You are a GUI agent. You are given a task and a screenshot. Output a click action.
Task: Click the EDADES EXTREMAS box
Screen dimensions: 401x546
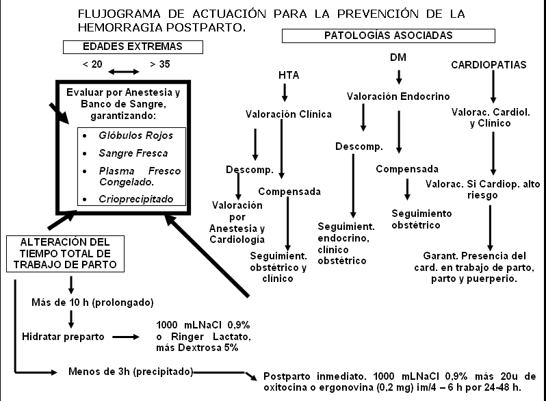[x=133, y=47]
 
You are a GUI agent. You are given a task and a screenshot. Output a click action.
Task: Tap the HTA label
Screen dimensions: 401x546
[x=289, y=75]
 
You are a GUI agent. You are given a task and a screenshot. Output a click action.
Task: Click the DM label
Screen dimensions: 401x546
[x=398, y=57]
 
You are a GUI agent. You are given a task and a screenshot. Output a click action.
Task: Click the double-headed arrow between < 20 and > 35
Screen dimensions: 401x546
[x=123, y=71]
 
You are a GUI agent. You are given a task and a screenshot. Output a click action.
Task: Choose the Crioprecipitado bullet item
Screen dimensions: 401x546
[x=141, y=199]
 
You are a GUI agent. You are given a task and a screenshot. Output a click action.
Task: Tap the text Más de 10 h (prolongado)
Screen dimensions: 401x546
[x=92, y=302]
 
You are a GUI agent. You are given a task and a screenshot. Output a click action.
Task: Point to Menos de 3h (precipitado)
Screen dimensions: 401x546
[x=131, y=372]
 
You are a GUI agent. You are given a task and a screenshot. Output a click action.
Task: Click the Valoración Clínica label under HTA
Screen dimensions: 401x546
[x=289, y=114]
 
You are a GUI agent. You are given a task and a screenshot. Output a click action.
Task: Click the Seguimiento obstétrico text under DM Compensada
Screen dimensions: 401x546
[x=422, y=219]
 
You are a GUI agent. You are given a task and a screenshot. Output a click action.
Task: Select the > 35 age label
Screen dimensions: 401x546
[x=159, y=65]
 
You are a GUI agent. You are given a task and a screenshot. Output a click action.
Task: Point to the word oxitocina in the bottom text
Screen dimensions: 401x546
[x=282, y=388]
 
